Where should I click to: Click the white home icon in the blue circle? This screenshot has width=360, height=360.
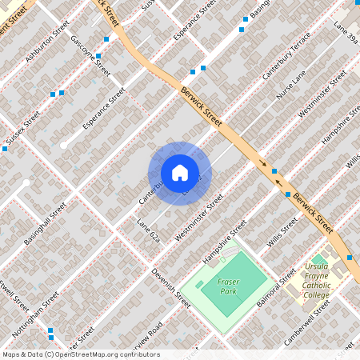(179, 173)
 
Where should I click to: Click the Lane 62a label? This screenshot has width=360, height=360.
(149, 229)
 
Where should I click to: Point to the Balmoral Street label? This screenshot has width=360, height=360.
(276, 292)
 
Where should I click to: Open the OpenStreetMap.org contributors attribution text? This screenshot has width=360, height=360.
(80, 354)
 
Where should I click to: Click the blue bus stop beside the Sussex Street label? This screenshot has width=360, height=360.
(5, 149)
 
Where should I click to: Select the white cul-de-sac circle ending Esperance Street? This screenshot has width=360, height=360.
(63, 146)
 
